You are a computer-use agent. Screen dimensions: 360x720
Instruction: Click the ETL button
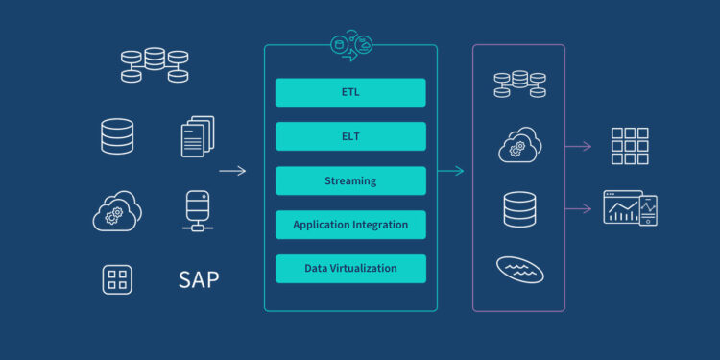(x=350, y=92)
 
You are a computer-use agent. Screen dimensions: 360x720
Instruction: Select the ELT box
(x=350, y=136)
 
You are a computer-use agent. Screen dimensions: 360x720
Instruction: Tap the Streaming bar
(x=350, y=180)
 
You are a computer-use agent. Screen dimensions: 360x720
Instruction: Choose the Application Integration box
(x=350, y=225)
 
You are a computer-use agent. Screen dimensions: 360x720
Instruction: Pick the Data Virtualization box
(x=350, y=269)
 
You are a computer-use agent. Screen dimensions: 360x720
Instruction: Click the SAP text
(x=199, y=280)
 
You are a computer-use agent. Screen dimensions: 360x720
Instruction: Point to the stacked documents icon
(x=198, y=136)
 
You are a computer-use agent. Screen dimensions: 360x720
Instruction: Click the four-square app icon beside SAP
(x=117, y=279)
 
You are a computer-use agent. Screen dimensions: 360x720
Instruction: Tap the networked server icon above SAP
(x=198, y=210)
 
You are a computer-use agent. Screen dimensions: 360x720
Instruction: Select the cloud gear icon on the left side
(x=117, y=211)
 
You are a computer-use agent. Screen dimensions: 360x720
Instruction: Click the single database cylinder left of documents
(x=117, y=136)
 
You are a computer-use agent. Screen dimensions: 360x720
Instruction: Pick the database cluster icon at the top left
(x=154, y=64)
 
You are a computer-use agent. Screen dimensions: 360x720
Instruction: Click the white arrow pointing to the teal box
(x=232, y=171)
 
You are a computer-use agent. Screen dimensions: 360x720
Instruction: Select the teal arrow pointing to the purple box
(x=451, y=171)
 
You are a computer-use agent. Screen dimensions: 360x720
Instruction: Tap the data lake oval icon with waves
(x=519, y=269)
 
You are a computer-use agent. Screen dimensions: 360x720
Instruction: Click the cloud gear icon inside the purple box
(x=519, y=145)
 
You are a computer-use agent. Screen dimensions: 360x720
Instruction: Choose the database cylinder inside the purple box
(x=519, y=208)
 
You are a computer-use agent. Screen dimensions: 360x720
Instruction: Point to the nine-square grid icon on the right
(x=630, y=146)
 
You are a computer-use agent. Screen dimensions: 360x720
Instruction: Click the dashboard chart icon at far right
(x=630, y=207)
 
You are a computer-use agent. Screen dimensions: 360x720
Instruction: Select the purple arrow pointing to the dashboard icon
(x=577, y=208)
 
